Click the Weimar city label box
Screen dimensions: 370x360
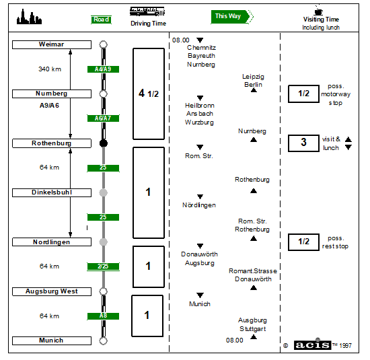[x=52, y=44]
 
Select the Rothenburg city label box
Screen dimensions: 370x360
[x=52, y=143]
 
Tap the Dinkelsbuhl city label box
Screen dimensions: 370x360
[x=52, y=192]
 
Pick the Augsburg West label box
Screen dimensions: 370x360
[x=52, y=291]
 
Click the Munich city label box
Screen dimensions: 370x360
[x=52, y=340]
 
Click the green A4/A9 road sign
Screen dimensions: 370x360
[x=103, y=69]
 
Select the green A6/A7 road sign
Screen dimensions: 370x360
[x=103, y=118]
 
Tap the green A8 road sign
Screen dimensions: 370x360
[x=103, y=316]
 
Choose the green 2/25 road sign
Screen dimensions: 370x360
[x=103, y=266]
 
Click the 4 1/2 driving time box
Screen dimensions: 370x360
[x=149, y=94]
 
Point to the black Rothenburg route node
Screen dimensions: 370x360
[x=104, y=143]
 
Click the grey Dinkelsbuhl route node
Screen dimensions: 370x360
[x=104, y=192]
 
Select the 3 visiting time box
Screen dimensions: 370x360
[x=303, y=143]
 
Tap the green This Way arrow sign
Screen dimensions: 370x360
[x=232, y=17]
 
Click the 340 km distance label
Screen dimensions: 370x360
[x=50, y=69]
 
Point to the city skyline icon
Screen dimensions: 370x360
[x=29, y=17]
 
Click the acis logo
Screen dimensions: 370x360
[x=313, y=345]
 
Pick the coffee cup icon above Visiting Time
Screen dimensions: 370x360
[x=318, y=10]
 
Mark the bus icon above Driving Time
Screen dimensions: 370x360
[x=147, y=11]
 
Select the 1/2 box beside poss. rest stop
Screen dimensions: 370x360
[x=303, y=242]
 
